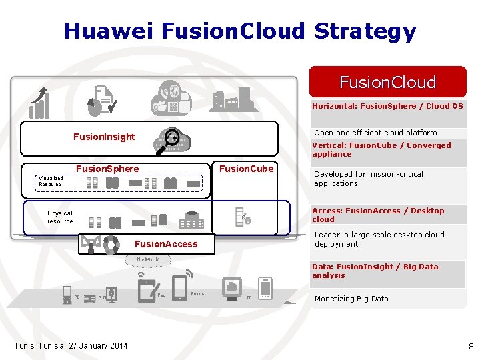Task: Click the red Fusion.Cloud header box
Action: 387,82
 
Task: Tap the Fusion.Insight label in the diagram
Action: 104,137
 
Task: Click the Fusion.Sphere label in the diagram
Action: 107,169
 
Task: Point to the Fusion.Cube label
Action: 247,169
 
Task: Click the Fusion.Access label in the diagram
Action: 166,244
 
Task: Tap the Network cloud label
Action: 148,259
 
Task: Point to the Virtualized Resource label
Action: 51,181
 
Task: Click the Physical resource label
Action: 60,217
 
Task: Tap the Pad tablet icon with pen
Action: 147,289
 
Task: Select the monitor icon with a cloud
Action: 233,287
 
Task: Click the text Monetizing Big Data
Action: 351,299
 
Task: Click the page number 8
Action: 471,346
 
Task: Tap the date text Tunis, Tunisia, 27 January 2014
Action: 71,345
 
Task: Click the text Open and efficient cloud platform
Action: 375,133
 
